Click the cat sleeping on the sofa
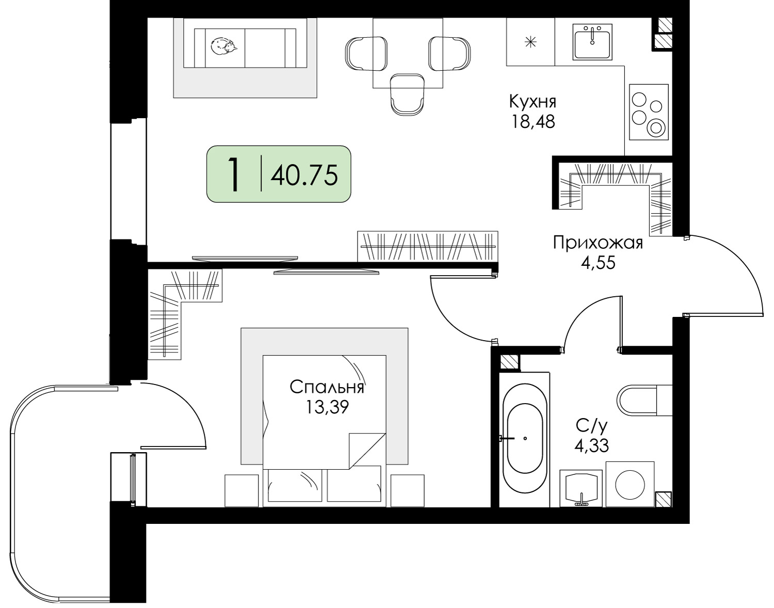(x=224, y=47)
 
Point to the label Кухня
(x=533, y=102)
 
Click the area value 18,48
(x=533, y=122)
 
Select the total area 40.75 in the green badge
(x=304, y=175)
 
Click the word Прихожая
(x=598, y=243)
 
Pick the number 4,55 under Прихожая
(x=599, y=264)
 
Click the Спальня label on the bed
(x=327, y=388)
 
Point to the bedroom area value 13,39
(x=327, y=407)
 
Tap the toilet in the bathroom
(x=644, y=401)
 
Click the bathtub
(x=525, y=439)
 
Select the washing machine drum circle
(x=630, y=485)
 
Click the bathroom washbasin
(x=581, y=488)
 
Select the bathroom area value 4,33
(x=592, y=445)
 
